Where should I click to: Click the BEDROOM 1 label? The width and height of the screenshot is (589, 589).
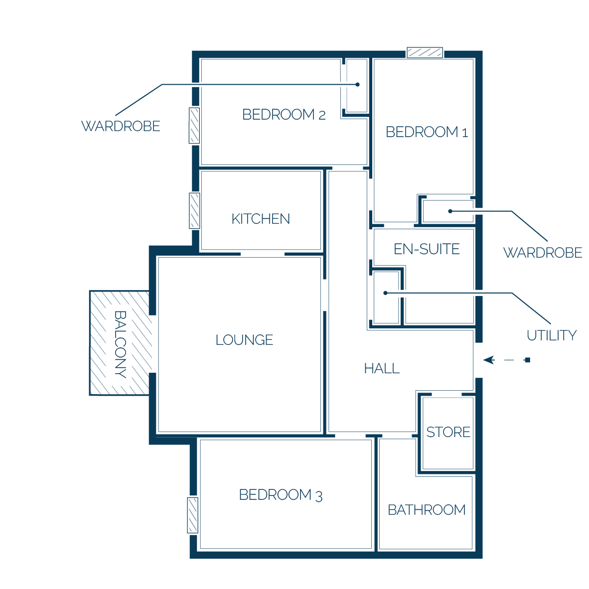427,132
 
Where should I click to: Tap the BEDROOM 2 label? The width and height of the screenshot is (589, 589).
284,115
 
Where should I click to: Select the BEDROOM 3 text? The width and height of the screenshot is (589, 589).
281,495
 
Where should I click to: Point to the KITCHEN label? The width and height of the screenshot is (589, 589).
261,219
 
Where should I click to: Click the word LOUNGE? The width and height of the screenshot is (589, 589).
244,340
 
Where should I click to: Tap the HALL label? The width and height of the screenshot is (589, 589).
382,369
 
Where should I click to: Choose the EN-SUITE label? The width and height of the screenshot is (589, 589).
427,249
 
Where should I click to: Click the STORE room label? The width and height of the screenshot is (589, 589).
448,432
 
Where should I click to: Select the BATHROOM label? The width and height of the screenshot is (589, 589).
427,510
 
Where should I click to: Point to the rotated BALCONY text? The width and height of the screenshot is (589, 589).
120,344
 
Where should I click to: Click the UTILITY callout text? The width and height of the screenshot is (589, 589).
552,335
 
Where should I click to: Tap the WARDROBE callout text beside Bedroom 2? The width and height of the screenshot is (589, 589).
121,126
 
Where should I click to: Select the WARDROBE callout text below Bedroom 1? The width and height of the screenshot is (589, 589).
543,253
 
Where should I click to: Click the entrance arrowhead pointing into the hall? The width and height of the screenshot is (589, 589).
489,360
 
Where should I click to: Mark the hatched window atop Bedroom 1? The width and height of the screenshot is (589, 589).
425,53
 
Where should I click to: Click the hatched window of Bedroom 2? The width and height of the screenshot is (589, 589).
194,126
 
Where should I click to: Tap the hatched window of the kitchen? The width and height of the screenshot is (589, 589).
194,211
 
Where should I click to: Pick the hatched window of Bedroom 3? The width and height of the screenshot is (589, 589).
193,515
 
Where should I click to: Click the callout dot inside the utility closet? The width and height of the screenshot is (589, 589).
385,293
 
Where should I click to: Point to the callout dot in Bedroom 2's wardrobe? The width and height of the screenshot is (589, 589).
358,85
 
